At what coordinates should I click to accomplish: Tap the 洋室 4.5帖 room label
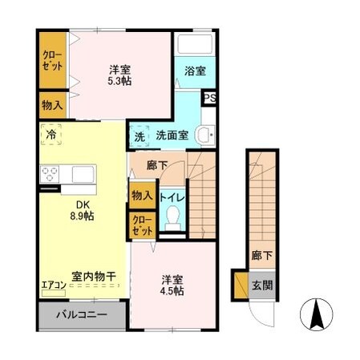pos(172,285)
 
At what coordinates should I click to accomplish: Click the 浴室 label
pos(195,71)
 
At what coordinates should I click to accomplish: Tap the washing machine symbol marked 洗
pos(140,136)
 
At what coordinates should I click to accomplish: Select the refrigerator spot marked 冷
pos(51,135)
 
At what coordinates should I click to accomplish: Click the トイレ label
pos(172,196)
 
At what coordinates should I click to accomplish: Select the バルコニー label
pos(81,314)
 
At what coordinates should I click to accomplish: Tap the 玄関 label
pos(262,285)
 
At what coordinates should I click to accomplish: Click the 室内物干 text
pos(94,276)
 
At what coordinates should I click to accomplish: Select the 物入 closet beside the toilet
pos(141,196)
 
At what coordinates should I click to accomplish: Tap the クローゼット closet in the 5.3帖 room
pos(54,61)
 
